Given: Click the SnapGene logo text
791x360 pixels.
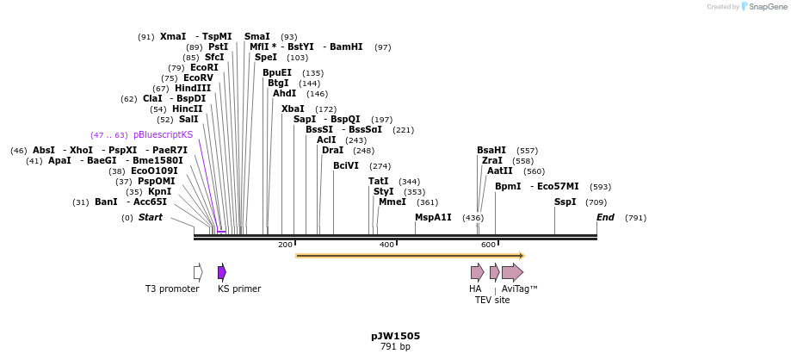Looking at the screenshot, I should point(761,7).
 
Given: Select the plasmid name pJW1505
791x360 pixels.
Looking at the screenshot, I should point(395,336).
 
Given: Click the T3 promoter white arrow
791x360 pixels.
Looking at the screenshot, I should point(198,272).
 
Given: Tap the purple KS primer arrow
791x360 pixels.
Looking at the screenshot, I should point(222,272).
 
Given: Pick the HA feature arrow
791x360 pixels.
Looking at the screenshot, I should point(477,272).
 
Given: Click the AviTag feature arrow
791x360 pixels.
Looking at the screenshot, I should point(512,272).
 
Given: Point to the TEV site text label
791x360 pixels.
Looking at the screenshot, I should point(492,301).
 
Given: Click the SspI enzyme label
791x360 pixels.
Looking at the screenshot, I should point(565,202).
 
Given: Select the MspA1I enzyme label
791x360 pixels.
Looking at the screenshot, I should point(433,217).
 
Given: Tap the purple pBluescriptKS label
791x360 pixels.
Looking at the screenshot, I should point(163,135).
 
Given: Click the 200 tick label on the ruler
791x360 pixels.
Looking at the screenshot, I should point(285,245).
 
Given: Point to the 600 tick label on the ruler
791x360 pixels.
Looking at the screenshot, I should point(488,245).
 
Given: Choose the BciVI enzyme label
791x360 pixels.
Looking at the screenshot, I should point(346,165).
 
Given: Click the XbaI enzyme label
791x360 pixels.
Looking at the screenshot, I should point(293,109).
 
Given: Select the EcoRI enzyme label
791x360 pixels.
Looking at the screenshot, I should point(204,67).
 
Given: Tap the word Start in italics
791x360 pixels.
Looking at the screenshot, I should point(151,218).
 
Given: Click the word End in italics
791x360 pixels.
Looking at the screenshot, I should point(606,217).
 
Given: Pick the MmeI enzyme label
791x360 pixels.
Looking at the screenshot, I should point(392,202).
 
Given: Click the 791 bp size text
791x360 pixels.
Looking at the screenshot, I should point(395,347).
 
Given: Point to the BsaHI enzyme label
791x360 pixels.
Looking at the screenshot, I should point(491,150).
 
